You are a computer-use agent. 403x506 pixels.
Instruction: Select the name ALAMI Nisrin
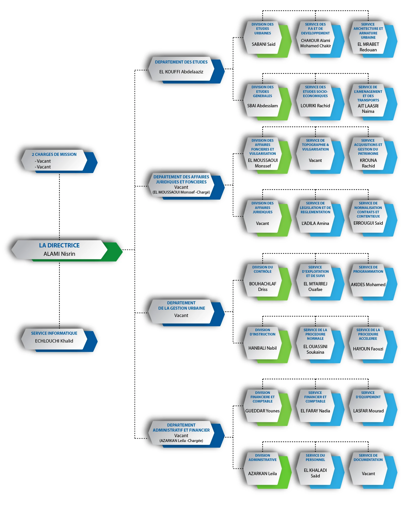59,254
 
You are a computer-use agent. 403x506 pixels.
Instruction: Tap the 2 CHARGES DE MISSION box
59,161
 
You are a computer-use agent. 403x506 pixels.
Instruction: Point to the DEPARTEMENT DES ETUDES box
186,70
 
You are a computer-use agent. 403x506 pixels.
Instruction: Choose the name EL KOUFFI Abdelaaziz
181,72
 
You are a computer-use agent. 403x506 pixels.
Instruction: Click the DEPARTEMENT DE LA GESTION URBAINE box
186,313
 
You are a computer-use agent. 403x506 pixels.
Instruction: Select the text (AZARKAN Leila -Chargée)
181,440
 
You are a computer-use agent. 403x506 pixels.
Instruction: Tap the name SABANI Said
264,44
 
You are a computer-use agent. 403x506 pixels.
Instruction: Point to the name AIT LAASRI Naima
368,109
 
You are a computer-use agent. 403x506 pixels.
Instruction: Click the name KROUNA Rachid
368,163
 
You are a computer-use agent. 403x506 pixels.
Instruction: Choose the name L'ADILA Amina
315,223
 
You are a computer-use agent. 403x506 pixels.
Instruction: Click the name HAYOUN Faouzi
368,349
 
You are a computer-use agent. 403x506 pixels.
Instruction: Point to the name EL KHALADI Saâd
315,473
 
